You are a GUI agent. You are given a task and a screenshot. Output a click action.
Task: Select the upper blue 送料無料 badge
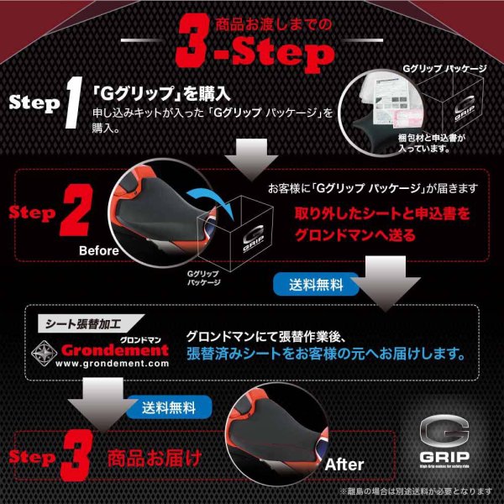310,284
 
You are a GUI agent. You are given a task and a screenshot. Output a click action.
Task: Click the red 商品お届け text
154,458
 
